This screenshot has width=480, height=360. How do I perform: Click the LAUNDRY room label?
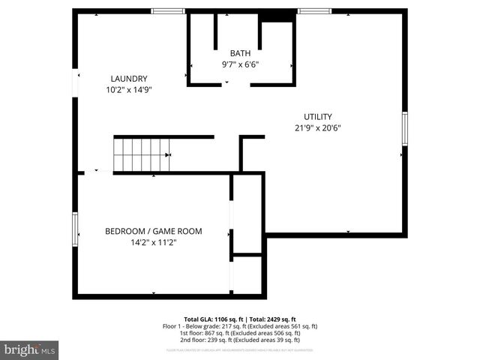128,79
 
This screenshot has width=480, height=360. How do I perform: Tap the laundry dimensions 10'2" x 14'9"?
128,91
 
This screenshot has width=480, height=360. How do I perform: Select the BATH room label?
240,53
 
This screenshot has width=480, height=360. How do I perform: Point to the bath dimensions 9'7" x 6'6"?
240,65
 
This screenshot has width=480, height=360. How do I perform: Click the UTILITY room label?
317,116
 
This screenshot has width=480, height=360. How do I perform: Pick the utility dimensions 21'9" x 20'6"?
317,128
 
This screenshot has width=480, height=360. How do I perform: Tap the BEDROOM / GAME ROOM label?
153,231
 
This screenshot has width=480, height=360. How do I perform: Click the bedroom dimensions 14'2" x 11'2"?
153,242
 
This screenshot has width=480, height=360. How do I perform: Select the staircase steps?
141,155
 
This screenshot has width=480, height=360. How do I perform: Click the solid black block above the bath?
275,15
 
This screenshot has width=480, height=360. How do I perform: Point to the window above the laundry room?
167,10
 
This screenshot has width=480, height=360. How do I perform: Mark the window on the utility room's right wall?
404,128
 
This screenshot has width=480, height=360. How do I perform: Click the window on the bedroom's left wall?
75,229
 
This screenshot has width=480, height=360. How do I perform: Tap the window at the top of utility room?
313,10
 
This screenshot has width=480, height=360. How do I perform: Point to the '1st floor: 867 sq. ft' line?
240,333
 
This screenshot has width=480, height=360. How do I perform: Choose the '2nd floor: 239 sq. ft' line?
240,340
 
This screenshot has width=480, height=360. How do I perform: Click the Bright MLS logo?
30,349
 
